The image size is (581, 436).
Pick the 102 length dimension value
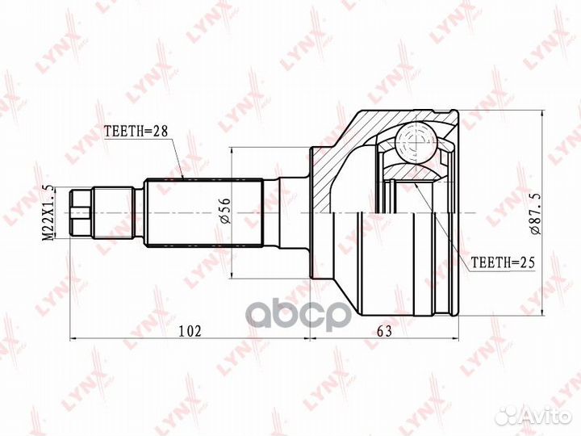pyautogui.click(x=189, y=329)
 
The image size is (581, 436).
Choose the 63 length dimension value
pyautogui.click(x=384, y=329)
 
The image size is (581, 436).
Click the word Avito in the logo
pyautogui.click(x=548, y=416)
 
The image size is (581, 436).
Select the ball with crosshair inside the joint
pyautogui.click(x=413, y=143)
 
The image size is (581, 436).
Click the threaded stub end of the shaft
pyautogui.click(x=81, y=213)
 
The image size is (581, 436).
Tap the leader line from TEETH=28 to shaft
pyautogui.click(x=180, y=157)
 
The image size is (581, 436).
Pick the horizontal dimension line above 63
pyautogui.click(x=384, y=339)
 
